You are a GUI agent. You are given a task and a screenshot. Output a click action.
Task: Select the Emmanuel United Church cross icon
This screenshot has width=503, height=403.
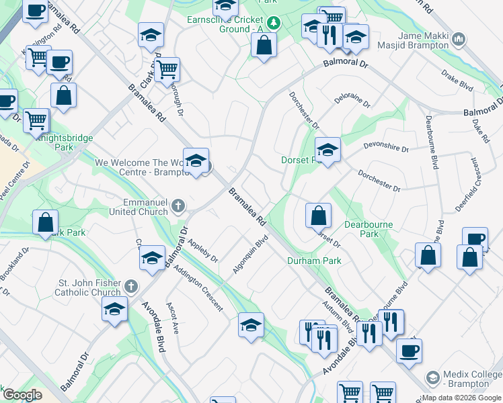coord(178,206)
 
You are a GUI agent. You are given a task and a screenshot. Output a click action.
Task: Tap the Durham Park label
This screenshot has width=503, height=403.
coord(314,261)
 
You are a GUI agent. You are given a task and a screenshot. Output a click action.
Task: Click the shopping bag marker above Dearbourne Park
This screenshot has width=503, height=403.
coord(319,216)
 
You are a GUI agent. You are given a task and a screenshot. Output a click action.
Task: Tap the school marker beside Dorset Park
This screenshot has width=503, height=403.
coord(327,150)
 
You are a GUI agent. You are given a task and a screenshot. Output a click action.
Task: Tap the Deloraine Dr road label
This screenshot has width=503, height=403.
coord(352,101)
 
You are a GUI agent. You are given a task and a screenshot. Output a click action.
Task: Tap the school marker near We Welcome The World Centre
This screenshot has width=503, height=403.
coord(196,162)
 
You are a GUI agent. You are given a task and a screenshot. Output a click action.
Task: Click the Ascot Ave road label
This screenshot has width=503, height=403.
coord(171,319)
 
